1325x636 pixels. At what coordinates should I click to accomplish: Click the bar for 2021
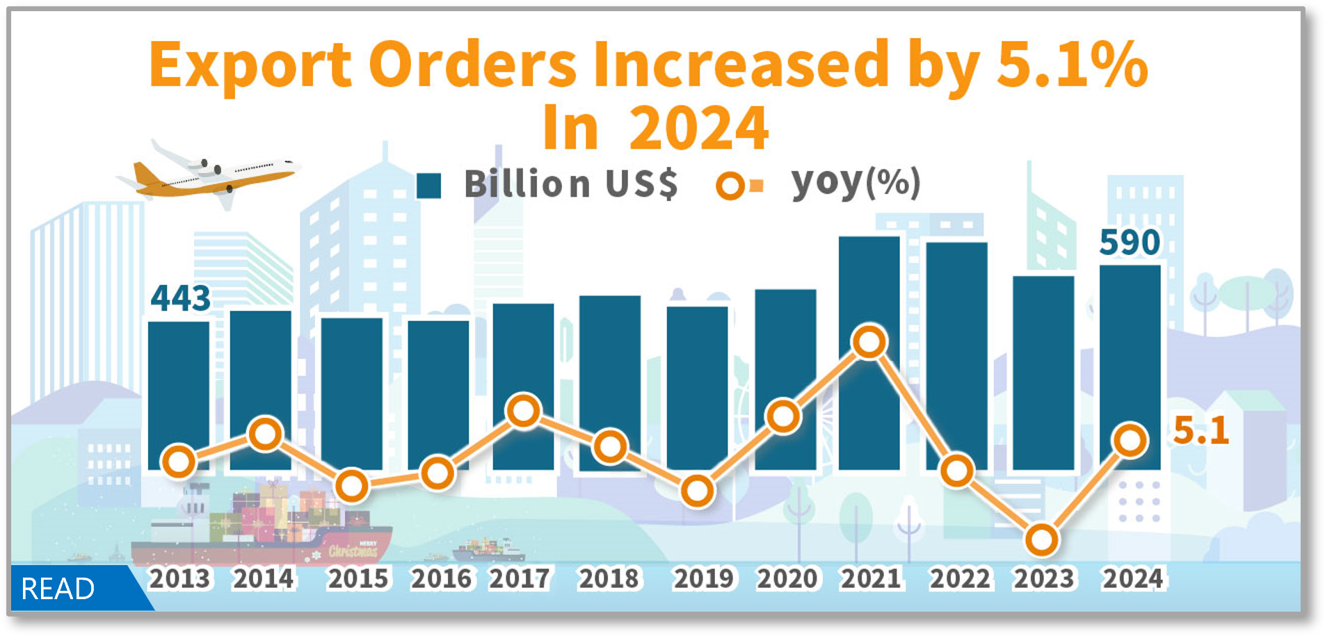tap(869, 292)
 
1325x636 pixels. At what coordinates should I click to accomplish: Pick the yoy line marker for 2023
tap(1042, 540)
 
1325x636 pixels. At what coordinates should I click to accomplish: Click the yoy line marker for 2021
tap(869, 341)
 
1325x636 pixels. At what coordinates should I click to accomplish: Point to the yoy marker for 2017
tap(524, 410)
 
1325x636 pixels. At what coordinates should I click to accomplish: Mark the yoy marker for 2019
tap(697, 491)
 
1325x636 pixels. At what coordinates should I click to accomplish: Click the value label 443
tap(181, 299)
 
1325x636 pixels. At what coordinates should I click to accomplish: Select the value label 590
tap(1130, 243)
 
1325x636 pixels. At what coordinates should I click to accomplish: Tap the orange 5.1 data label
tap(1200, 431)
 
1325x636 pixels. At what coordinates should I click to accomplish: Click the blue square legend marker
tap(428, 186)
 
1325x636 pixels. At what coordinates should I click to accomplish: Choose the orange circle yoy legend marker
tap(730, 186)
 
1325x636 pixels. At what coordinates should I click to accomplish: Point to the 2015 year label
tap(358, 579)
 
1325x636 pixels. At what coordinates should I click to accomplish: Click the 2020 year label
tap(787, 579)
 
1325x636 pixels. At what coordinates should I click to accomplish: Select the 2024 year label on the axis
tap(1132, 579)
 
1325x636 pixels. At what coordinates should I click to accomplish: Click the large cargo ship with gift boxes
tap(264, 532)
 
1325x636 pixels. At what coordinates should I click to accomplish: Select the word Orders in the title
tap(476, 65)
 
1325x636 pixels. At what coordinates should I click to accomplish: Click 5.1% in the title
tap(1071, 65)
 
